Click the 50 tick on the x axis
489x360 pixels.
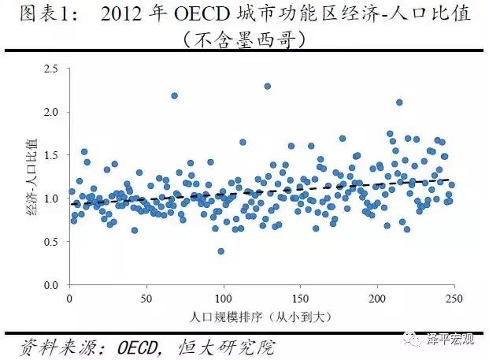click(x=146, y=299)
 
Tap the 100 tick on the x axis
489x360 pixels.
click(x=224, y=299)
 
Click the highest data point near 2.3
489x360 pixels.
click(x=268, y=86)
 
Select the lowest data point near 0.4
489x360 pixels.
click(x=221, y=251)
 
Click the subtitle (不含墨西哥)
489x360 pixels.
click(x=245, y=38)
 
